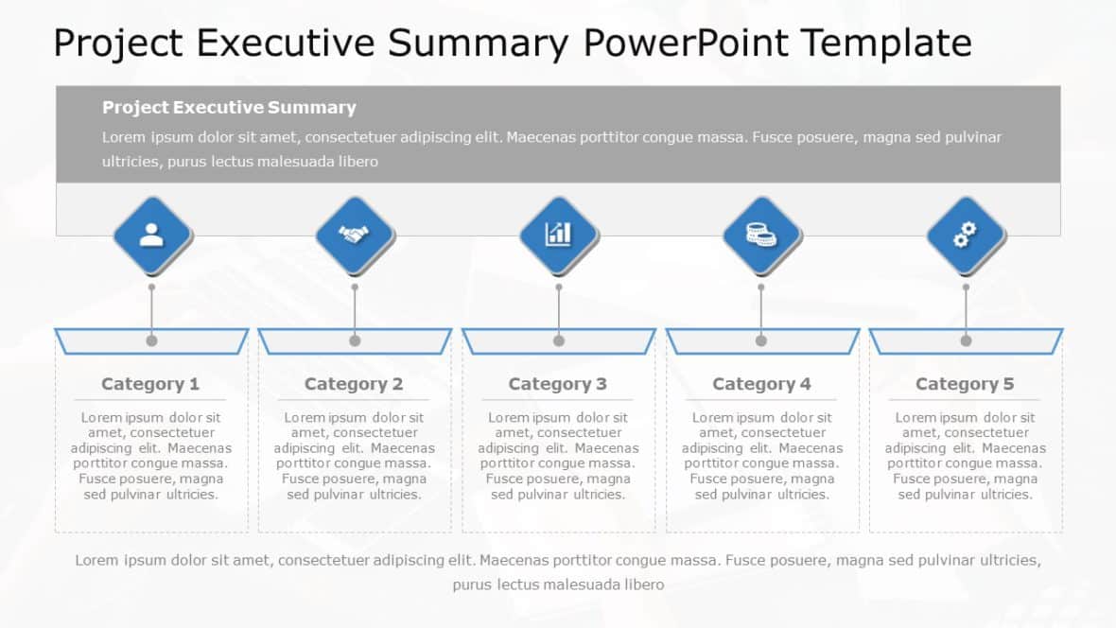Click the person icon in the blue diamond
[151, 235]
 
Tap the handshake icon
[355, 235]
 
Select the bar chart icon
[558, 234]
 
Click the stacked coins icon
[761, 234]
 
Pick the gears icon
[966, 235]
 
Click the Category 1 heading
[150, 384]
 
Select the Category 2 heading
[354, 384]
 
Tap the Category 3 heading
[558, 384]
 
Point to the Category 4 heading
[761, 384]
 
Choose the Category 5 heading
[965, 384]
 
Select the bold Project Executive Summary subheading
[229, 108]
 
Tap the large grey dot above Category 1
[151, 340]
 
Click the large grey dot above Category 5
[966, 340]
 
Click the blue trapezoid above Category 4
[719, 341]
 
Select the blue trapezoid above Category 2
[312, 341]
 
